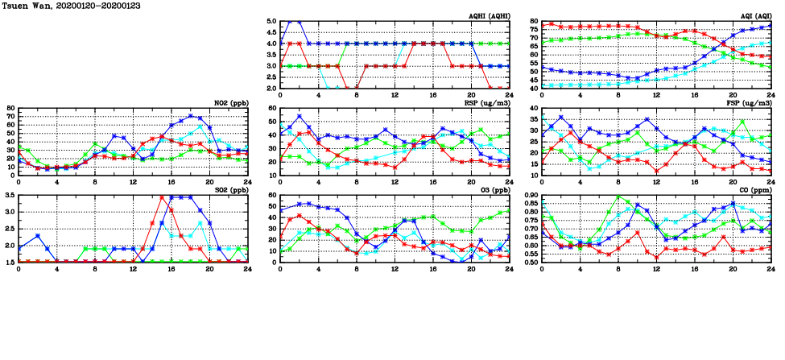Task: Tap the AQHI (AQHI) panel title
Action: (x=485, y=16)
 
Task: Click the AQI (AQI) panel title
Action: (x=753, y=16)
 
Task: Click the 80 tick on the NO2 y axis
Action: (x=10, y=108)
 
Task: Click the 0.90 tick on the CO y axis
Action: (x=531, y=196)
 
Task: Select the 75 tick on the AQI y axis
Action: (x=534, y=31)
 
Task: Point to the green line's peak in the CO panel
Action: (x=618, y=197)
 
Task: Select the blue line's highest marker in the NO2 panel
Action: (x=191, y=116)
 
